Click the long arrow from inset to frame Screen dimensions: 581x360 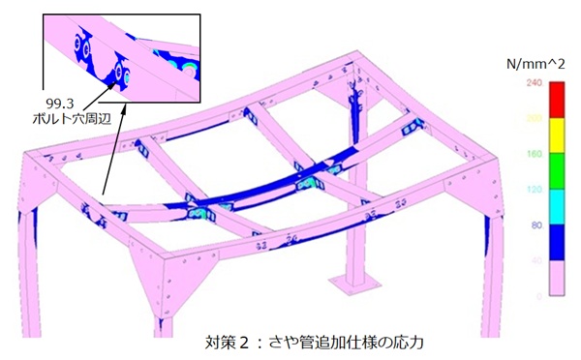[108, 160]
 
